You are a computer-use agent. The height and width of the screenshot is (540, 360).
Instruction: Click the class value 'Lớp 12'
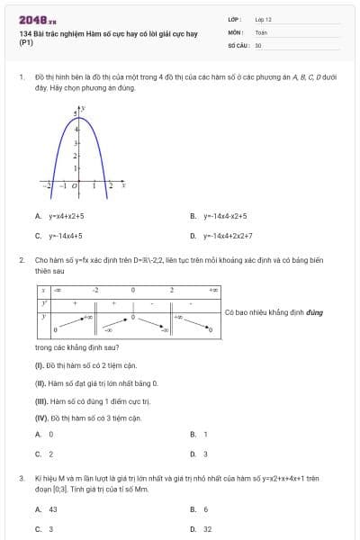coord(263,18)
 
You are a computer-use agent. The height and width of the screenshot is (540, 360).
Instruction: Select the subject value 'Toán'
coord(261,31)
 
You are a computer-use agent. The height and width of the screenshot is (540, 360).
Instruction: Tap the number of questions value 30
coord(258,44)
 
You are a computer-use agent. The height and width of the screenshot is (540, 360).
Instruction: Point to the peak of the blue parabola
coord(80,110)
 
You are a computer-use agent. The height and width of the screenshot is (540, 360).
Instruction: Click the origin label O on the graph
coord(75,185)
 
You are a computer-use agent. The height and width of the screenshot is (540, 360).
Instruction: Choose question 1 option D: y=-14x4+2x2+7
coord(228,236)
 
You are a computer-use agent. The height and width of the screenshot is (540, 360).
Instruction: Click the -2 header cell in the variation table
coord(95,291)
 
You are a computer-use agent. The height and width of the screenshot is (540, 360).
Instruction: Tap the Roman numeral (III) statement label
coord(40,400)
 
